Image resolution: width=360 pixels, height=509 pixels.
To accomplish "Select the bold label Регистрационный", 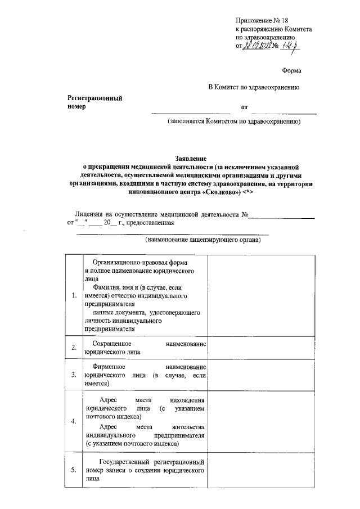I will [95, 98].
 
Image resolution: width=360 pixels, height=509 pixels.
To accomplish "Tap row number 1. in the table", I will [74, 296].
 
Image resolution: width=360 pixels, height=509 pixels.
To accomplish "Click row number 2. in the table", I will [74, 347].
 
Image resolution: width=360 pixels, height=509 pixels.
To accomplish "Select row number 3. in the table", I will [74, 375].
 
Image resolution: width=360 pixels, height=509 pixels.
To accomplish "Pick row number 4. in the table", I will [74, 421].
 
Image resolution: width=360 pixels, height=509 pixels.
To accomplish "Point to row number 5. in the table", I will [74, 469].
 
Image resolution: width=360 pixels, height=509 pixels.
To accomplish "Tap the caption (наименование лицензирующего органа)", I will [202, 241].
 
